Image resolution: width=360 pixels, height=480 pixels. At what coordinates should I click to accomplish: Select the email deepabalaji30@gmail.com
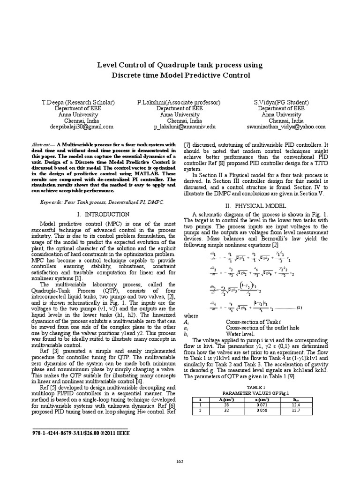pyautogui.click(x=82, y=127)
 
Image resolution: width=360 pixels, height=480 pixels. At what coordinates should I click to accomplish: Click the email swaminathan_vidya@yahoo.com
pyautogui.click(x=286, y=127)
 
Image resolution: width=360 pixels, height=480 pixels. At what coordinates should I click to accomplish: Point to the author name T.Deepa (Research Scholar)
pyautogui.click(x=78, y=102)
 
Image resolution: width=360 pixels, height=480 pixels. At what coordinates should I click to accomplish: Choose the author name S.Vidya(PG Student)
pyautogui.click(x=282, y=102)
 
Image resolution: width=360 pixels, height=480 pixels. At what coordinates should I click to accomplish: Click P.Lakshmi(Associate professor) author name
pyautogui.click(x=179, y=102)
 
